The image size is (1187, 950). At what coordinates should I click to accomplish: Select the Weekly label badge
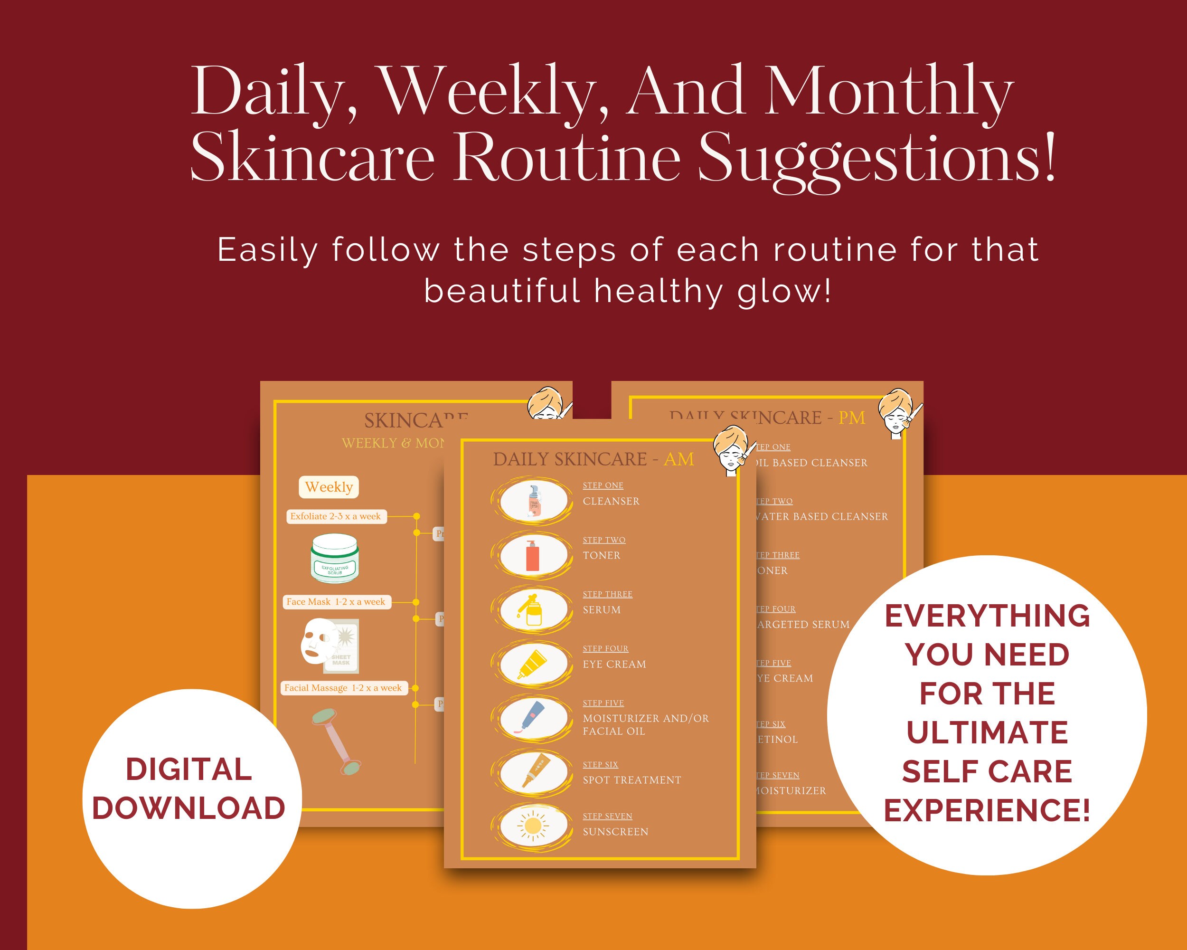(x=329, y=487)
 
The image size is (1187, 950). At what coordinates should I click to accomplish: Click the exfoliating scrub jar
(x=335, y=559)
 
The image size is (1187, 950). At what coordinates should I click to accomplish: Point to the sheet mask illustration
(x=329, y=645)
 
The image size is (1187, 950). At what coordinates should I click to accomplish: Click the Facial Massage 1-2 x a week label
(x=344, y=688)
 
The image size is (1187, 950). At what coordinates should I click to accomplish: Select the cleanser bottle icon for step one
(x=533, y=501)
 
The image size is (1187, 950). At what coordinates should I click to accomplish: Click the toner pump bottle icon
(x=532, y=555)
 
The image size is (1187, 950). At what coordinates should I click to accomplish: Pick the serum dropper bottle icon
(x=532, y=609)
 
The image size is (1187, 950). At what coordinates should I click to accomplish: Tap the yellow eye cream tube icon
(x=532, y=664)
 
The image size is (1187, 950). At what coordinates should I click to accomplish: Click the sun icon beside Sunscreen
(x=532, y=826)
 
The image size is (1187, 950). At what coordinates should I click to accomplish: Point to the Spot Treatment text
(x=631, y=780)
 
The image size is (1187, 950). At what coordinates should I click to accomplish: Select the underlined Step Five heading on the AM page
(x=603, y=703)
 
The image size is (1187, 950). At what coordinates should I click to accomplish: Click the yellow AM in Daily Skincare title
(x=678, y=459)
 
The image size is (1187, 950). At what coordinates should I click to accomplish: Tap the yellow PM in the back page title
(x=851, y=418)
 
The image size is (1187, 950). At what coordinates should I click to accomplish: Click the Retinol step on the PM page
(x=777, y=740)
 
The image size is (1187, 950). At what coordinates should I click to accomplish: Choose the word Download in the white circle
(x=189, y=808)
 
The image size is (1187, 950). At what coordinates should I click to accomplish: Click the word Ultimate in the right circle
(x=987, y=732)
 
